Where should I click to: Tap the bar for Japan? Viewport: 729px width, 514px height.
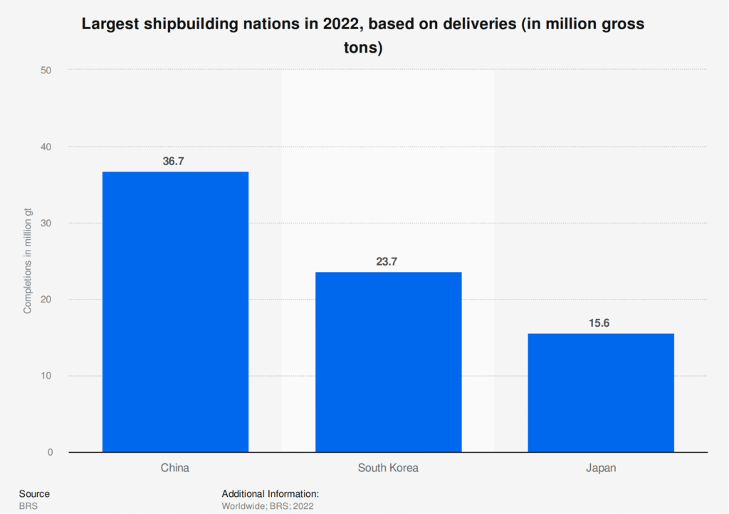[x=601, y=392]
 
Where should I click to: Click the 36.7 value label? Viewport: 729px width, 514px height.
[x=174, y=162]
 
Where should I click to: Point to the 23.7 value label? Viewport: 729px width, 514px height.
[x=387, y=262]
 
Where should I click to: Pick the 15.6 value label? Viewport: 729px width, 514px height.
[x=599, y=323]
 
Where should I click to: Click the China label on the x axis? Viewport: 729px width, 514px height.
[x=174, y=468]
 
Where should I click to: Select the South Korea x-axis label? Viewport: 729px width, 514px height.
[x=388, y=468]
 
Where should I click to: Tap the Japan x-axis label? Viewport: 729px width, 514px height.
[x=601, y=468]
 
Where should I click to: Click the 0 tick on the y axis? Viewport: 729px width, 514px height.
[x=50, y=452]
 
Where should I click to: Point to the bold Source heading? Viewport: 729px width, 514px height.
[x=34, y=493]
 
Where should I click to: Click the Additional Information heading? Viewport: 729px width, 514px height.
[x=270, y=493]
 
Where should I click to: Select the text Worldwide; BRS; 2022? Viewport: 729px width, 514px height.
[x=268, y=506]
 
